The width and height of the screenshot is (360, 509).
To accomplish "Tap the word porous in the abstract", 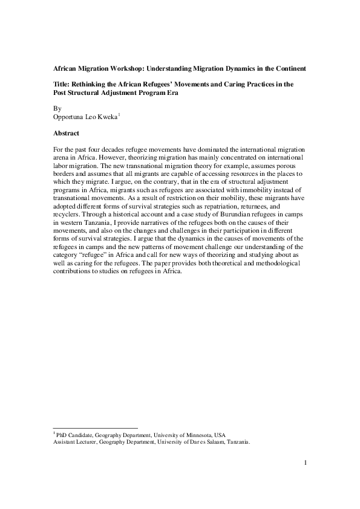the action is (287, 164).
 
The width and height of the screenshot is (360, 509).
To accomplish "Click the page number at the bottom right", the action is (306, 464).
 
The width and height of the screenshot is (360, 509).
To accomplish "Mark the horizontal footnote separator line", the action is (96, 427).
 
